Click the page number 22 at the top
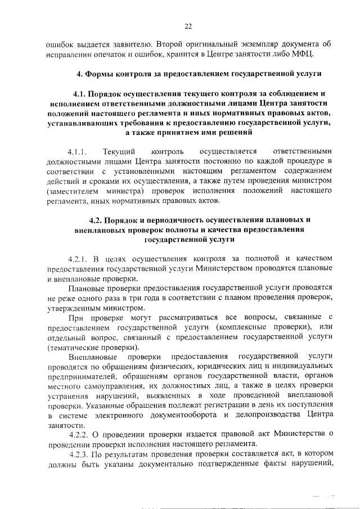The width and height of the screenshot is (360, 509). point(188,25)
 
